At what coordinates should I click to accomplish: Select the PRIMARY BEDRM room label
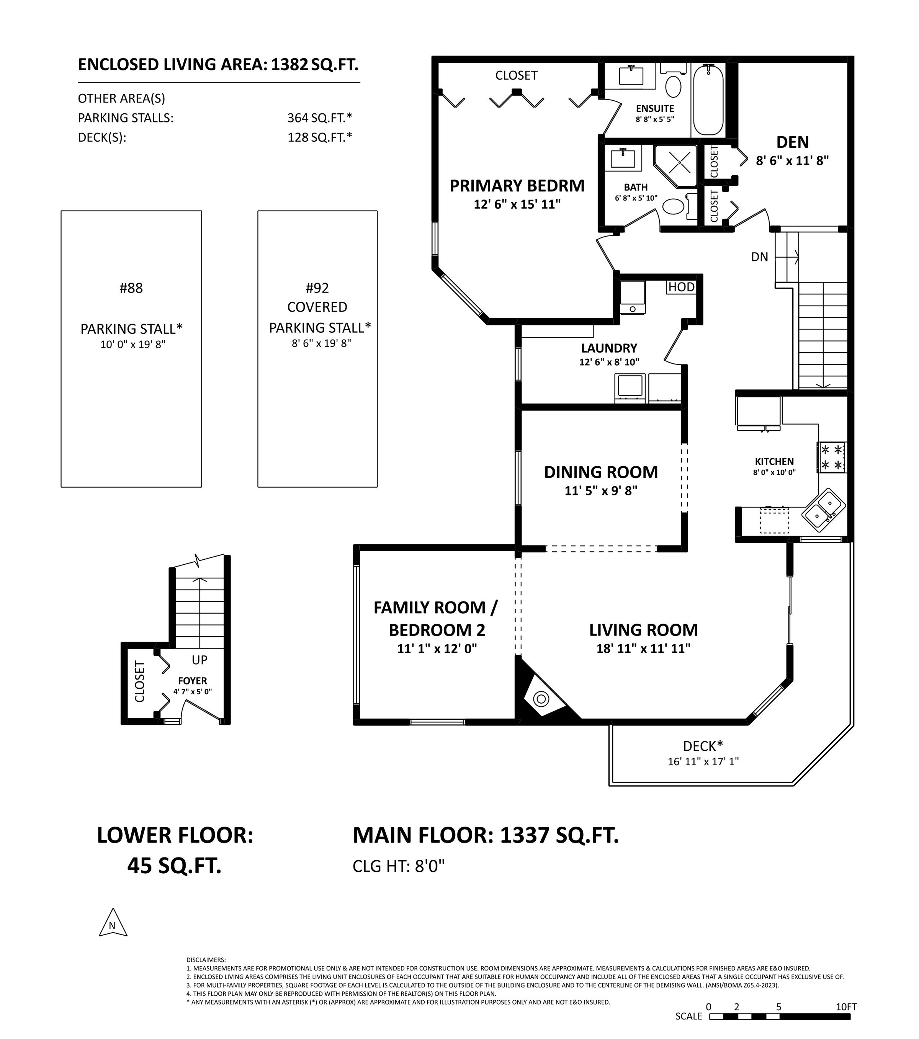pyautogui.click(x=517, y=186)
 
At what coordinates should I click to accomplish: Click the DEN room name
pyautogui.click(x=792, y=142)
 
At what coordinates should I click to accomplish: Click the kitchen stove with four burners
pyautogui.click(x=832, y=457)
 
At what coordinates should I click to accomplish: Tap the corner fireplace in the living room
pyautogui.click(x=541, y=699)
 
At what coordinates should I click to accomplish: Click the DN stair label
pyautogui.click(x=759, y=257)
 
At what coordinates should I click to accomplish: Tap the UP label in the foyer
pyautogui.click(x=199, y=660)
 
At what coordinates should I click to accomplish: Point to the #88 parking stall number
pyautogui.click(x=131, y=288)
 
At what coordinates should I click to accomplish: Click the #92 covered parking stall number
pyautogui.click(x=317, y=288)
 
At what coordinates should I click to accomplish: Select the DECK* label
pyautogui.click(x=703, y=746)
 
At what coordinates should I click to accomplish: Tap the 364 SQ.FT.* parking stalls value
pyautogui.click(x=319, y=118)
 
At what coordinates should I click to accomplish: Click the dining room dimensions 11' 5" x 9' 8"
pyautogui.click(x=601, y=490)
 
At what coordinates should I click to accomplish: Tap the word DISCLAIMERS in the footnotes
pyautogui.click(x=206, y=960)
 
